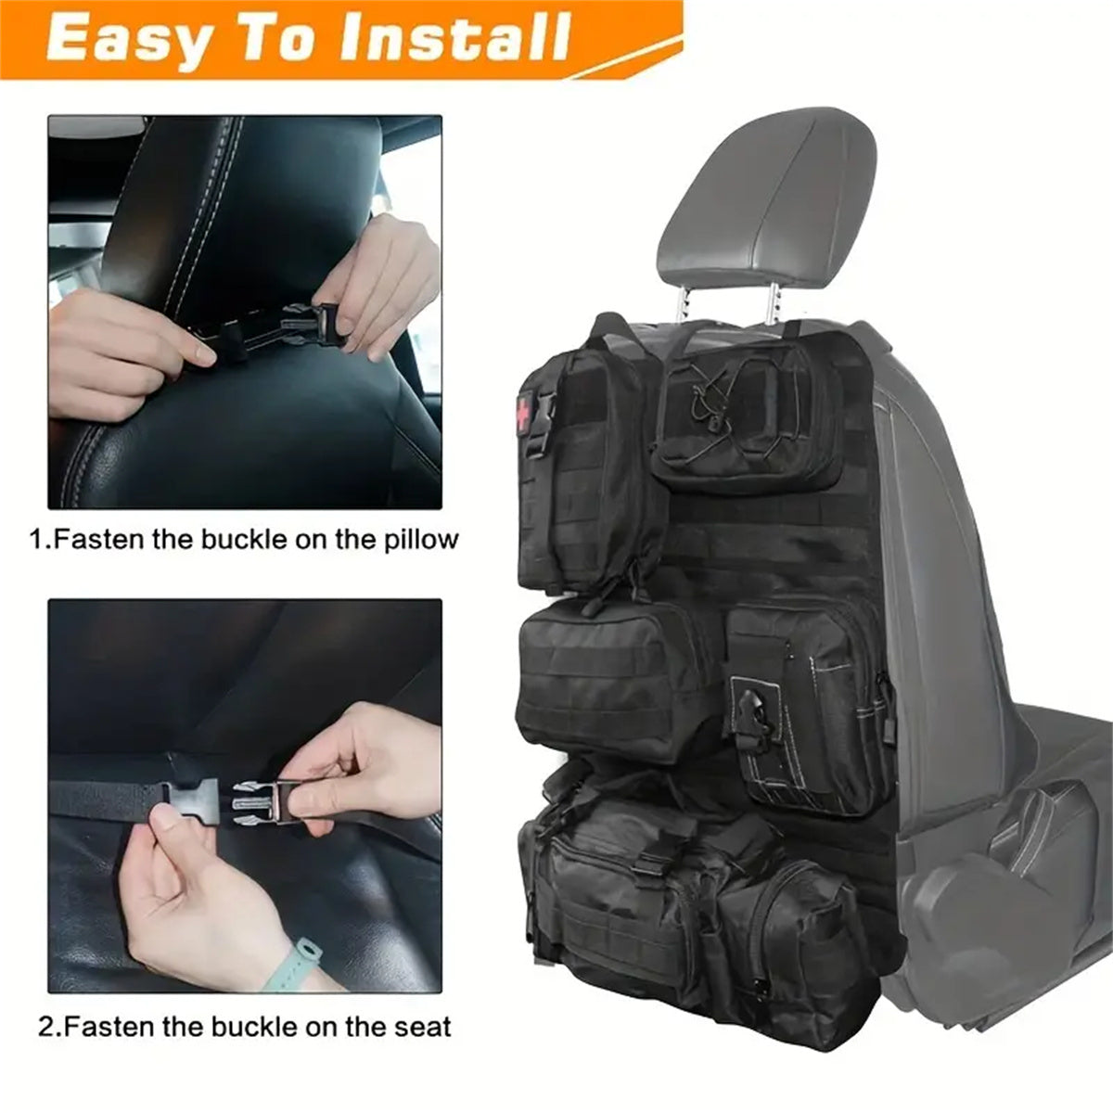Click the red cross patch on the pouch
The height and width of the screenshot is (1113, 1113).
[x=524, y=411]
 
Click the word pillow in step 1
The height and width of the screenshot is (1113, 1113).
[x=421, y=540]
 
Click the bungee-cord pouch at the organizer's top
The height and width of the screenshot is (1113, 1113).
[x=747, y=418]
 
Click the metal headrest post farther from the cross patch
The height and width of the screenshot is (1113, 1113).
[x=772, y=303]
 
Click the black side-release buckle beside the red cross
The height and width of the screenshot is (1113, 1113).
[x=544, y=425]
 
